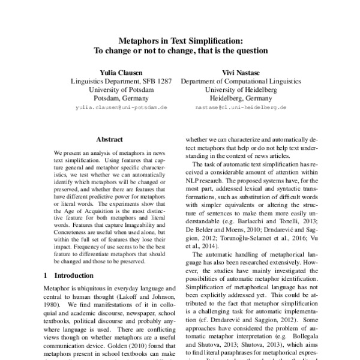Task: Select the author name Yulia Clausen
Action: pos(121,70)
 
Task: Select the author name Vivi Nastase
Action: pos(241,70)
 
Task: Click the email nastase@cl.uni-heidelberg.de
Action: pos(241,107)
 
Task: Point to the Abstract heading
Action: pos(109,138)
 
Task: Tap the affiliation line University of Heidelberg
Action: pos(241,89)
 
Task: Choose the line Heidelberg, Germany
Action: pos(241,98)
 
